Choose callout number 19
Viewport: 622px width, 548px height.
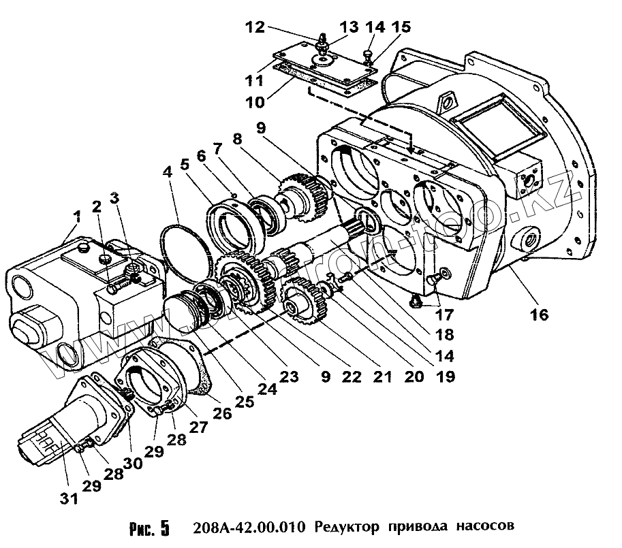446,376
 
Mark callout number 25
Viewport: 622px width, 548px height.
244,402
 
